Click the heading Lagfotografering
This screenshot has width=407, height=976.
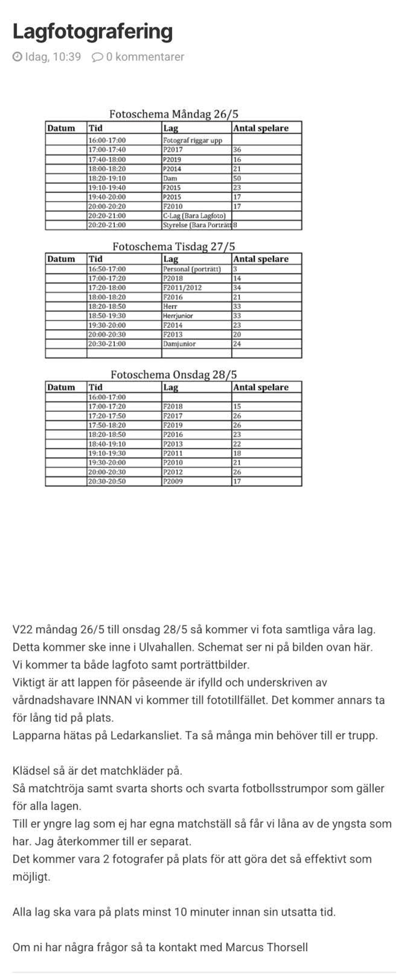coord(93,32)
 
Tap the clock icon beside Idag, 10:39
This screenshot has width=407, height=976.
coord(17,57)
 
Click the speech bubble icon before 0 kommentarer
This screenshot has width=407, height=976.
coord(97,57)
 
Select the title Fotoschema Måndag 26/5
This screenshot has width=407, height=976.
coord(173,114)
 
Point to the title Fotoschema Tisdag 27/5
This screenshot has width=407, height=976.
coord(173,246)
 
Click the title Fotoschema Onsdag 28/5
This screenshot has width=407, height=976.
coord(173,375)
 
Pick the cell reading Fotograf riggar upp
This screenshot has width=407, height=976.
coord(193,141)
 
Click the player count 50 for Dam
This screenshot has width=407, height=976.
coord(237,178)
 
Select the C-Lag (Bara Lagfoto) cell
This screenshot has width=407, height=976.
coord(194,216)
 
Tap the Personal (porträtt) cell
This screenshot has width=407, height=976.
coord(192,269)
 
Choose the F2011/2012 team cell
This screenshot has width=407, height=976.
coord(182,288)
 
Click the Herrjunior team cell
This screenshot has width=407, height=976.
coord(178,316)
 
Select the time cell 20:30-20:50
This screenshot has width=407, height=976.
coord(107,481)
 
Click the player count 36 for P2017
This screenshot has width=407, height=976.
coord(237,150)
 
